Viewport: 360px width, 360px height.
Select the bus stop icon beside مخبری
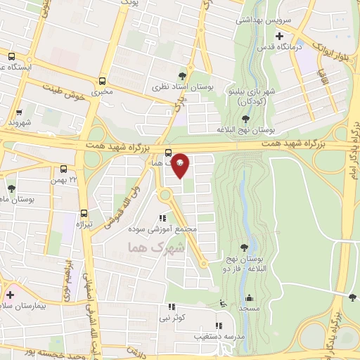[103, 80]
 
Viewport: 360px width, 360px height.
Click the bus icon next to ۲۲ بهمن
[64, 169]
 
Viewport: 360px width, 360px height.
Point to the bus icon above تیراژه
[84, 213]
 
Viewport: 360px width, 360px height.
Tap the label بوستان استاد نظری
[183, 87]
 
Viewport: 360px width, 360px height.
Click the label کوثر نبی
[172, 318]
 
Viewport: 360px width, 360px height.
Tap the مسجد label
[246, 308]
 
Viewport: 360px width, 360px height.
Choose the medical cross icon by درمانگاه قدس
[280, 36]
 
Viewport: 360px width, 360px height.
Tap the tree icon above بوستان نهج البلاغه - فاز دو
[243, 247]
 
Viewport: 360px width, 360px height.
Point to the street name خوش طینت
[64, 91]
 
